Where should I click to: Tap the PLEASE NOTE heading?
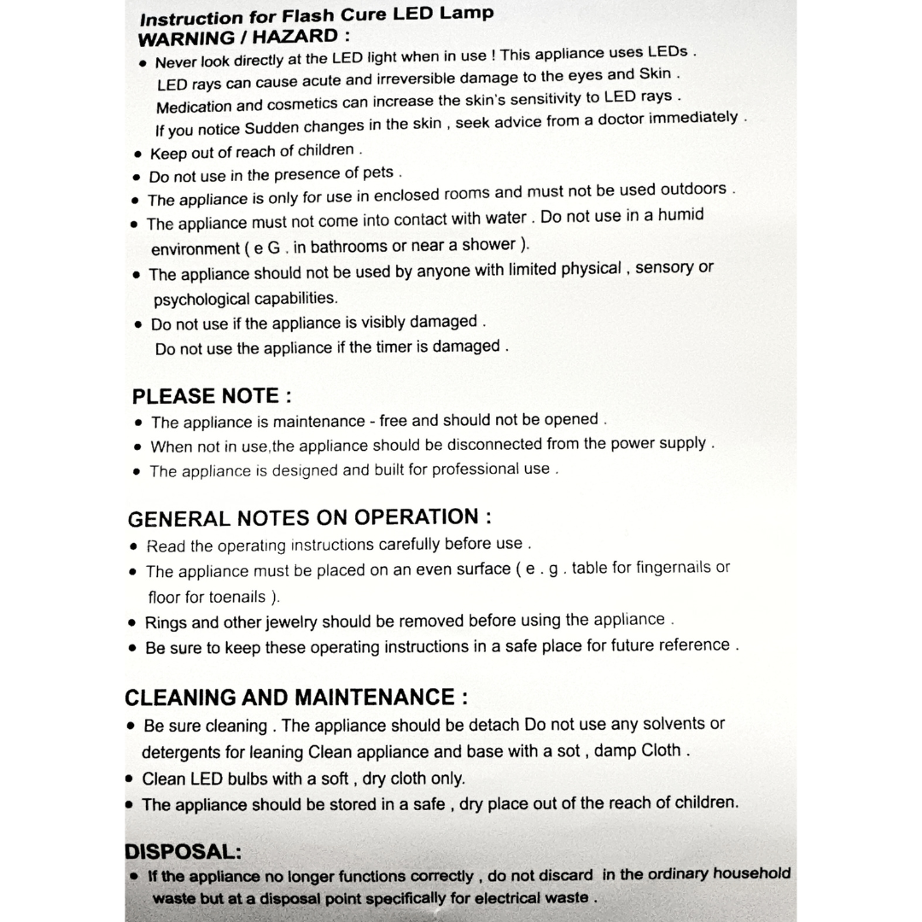(x=212, y=396)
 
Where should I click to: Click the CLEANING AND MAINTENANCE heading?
(x=295, y=697)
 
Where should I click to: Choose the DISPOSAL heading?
(x=183, y=851)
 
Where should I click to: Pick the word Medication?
(x=194, y=107)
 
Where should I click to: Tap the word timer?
(x=395, y=347)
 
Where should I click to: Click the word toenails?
(x=225, y=597)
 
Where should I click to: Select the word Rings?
(x=165, y=622)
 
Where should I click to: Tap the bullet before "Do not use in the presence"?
(x=137, y=178)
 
